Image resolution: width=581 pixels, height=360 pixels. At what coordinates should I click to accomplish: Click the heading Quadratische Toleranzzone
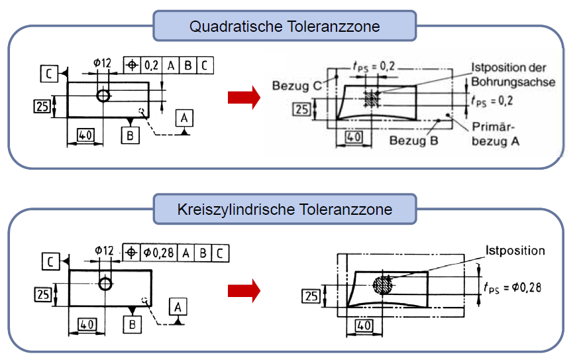[285, 27]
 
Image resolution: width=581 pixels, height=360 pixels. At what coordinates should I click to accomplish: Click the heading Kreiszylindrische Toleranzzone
[285, 210]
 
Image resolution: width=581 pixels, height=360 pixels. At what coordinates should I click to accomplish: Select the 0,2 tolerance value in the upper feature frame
[152, 65]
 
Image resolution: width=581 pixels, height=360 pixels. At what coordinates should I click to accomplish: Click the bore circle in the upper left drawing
[103, 95]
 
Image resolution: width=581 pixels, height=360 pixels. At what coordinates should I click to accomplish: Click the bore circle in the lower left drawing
[105, 284]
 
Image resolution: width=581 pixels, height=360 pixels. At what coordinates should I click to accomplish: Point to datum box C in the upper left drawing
[48, 72]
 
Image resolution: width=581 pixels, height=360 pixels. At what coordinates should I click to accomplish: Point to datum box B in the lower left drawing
[132, 325]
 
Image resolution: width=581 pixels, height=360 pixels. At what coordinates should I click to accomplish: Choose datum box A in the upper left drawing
[184, 118]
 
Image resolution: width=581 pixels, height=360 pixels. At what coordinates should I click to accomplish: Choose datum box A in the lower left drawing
[177, 306]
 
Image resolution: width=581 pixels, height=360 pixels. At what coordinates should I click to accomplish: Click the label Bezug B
[411, 141]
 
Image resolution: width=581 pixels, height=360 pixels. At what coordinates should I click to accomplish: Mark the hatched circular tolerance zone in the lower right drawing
[384, 285]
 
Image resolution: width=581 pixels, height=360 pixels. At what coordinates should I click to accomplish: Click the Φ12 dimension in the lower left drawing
[105, 251]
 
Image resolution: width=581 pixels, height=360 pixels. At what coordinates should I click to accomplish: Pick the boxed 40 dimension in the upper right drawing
[354, 137]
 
